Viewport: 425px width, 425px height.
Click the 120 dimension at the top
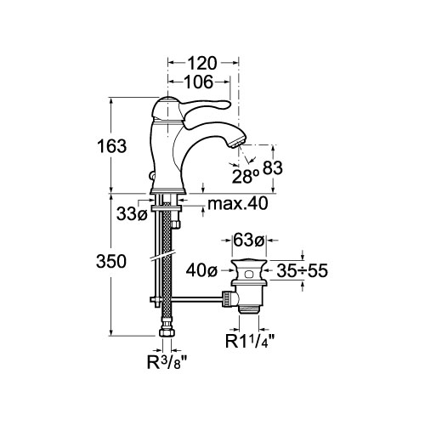point(202,63)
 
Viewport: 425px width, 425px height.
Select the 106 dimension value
point(199,82)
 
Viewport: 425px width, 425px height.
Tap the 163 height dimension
point(111,146)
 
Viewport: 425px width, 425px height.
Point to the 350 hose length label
point(111,261)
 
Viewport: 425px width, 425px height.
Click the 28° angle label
point(246,176)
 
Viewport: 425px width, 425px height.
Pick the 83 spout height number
point(273,167)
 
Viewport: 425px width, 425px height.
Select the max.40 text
point(237,203)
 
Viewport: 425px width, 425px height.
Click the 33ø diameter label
point(133,214)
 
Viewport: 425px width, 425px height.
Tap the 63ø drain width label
point(249,241)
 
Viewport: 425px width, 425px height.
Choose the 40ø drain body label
point(201,271)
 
